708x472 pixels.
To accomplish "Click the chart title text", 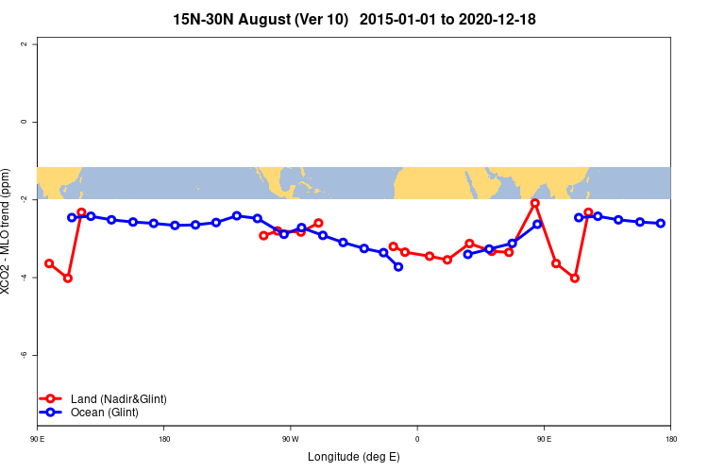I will pyautogui.click(x=354, y=19).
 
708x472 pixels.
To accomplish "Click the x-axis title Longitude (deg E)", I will pyautogui.click(x=354, y=457).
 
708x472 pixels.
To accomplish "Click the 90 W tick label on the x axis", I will pyautogui.click(x=290, y=439).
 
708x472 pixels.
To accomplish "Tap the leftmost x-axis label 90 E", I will pyautogui.click(x=37, y=439).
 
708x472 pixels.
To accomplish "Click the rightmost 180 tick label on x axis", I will pyautogui.click(x=670, y=439).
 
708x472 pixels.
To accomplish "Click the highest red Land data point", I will pyautogui.click(x=535, y=203).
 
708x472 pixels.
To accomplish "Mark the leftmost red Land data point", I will pyautogui.click(x=49, y=263).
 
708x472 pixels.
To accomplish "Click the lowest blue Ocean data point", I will pyautogui.click(x=398, y=267).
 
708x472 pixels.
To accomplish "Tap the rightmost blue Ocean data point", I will pyautogui.click(x=661, y=223).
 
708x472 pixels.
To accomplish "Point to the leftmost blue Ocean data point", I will pyautogui.click(x=72, y=217).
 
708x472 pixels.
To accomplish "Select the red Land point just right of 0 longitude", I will pyautogui.click(x=430, y=256).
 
